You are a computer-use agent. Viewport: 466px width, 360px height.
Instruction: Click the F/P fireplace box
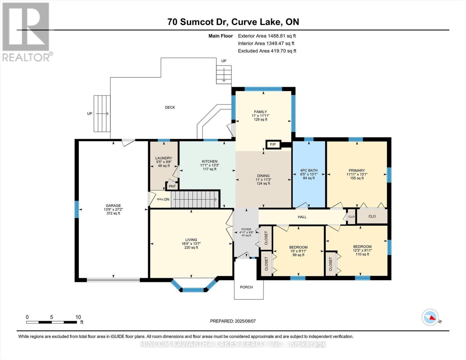click(x=273, y=145)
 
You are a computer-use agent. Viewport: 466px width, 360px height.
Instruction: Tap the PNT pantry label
click(x=172, y=186)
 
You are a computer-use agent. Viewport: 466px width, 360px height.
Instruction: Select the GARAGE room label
click(x=113, y=205)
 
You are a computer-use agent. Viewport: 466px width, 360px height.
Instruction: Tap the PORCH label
click(x=246, y=287)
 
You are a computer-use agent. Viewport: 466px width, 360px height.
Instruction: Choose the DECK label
click(x=170, y=107)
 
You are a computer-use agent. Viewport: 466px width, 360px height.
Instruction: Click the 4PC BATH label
click(x=309, y=170)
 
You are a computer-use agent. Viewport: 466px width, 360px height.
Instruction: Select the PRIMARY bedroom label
click(x=357, y=170)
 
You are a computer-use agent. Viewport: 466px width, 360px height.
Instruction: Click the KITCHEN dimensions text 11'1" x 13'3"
click(x=210, y=165)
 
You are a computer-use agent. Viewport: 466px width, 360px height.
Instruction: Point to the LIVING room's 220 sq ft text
click(x=191, y=247)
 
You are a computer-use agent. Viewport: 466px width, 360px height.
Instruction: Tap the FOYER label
click(x=246, y=229)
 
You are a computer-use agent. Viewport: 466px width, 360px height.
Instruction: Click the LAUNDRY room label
click(x=164, y=158)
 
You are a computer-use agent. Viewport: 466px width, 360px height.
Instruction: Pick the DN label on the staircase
click(x=167, y=199)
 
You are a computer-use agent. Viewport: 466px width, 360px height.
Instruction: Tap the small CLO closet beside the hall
click(x=351, y=217)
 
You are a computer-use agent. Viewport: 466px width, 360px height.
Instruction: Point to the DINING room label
click(x=263, y=175)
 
